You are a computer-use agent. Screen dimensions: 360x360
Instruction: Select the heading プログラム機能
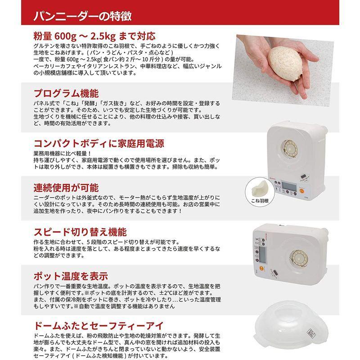tap(66, 94)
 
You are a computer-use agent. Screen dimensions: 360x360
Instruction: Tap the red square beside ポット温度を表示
tap(28, 276)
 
